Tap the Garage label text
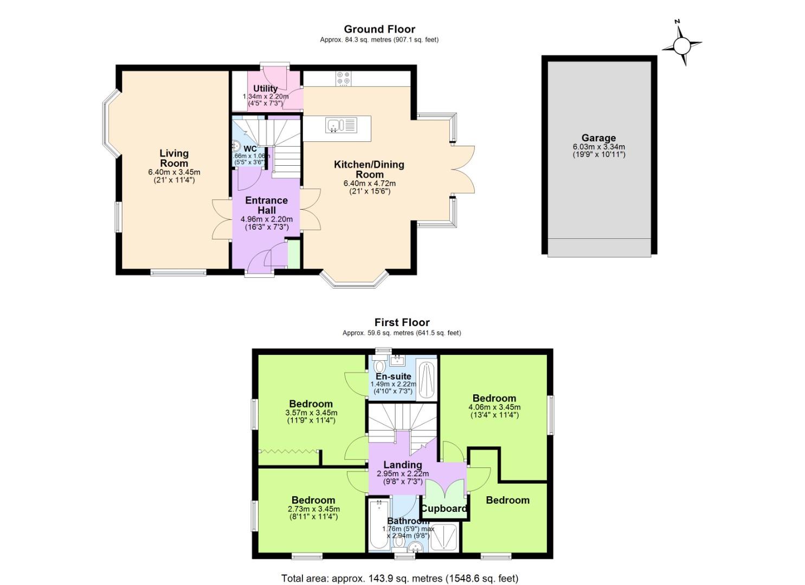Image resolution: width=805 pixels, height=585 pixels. [598, 138]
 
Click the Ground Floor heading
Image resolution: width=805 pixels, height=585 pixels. [379, 29]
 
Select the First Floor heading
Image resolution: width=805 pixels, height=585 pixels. [402, 322]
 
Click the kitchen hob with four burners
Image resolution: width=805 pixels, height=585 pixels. [343, 78]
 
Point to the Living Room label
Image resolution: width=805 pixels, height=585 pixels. [174, 158]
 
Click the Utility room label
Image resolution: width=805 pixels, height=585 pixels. [265, 88]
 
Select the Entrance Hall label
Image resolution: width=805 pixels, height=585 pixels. [266, 205]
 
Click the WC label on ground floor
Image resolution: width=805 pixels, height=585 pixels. [250, 149]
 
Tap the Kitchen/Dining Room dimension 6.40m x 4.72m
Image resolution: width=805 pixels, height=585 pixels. [369, 184]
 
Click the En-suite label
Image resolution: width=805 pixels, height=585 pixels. [394, 376]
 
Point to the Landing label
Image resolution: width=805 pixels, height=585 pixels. [402, 465]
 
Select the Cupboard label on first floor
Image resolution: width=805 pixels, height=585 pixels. [444, 509]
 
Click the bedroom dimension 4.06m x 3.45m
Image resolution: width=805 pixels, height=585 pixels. [494, 407]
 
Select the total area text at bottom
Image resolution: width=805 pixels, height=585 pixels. [400, 578]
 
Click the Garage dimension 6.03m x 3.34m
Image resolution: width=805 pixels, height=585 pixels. [598, 147]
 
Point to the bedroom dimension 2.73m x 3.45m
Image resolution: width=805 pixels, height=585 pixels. [313, 509]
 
